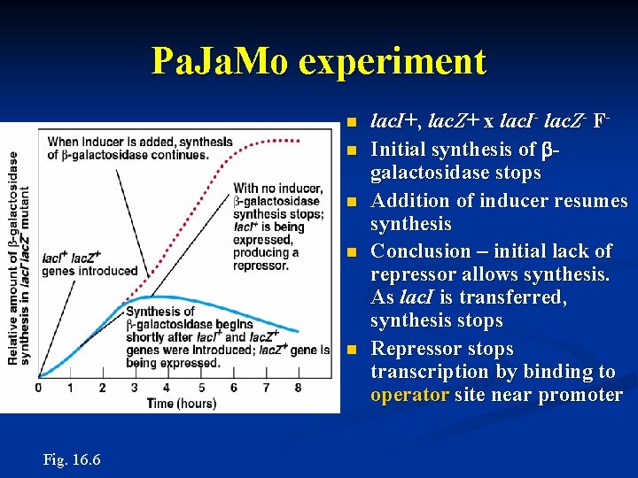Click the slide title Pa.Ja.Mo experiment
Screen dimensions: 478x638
pos(319,61)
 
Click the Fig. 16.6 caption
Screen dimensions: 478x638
pos(72,460)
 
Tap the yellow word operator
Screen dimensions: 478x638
pos(409,395)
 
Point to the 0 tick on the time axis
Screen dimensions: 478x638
pos(38,388)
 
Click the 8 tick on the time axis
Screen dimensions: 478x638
pos(297,388)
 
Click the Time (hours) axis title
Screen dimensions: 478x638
pos(181,404)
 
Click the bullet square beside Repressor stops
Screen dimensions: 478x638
pos(352,350)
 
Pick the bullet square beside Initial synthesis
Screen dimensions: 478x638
pos(352,150)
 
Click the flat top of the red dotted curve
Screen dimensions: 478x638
pos(279,139)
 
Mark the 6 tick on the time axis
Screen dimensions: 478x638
pos(232,388)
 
